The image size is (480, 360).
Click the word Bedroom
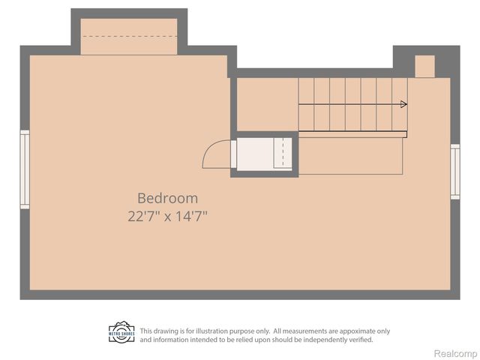[x=167, y=199]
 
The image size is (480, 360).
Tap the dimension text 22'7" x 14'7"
[x=167, y=216]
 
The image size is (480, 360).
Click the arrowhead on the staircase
[x=403, y=104]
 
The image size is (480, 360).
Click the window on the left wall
[x=25, y=169]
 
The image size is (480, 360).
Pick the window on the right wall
[x=454, y=171]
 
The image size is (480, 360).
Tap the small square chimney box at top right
[x=424, y=66]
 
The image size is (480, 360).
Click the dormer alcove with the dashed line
[x=128, y=37]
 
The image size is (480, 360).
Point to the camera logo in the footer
[x=121, y=332]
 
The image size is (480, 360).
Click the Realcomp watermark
[x=456, y=352]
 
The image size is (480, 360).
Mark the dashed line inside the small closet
[x=282, y=154]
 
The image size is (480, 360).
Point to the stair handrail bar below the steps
[x=352, y=135]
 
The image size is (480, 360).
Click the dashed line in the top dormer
[x=128, y=36]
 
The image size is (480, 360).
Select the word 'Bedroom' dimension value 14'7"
[x=190, y=216]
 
